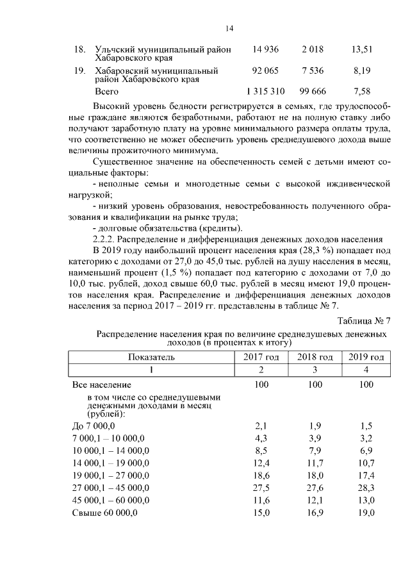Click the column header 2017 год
click(x=261, y=357)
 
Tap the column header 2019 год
click(x=366, y=357)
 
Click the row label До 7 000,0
click(x=94, y=426)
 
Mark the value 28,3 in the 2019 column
click(x=366, y=488)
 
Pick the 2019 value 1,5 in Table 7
click(x=366, y=426)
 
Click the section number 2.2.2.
click(x=104, y=238)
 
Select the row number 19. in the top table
click(x=80, y=70)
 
